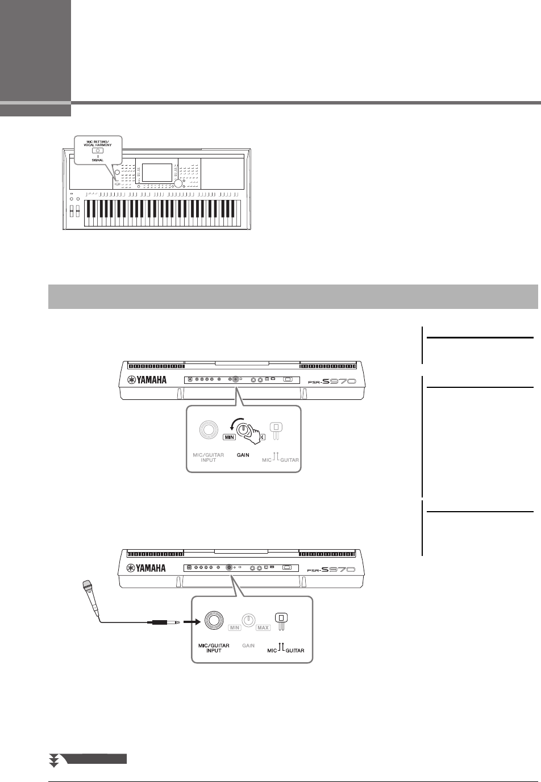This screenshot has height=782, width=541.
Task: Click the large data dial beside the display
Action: [179, 183]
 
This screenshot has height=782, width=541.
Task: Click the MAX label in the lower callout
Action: [263, 628]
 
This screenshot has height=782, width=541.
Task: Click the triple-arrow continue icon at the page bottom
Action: [55, 761]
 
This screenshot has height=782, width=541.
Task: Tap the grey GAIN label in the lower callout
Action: [248, 646]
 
